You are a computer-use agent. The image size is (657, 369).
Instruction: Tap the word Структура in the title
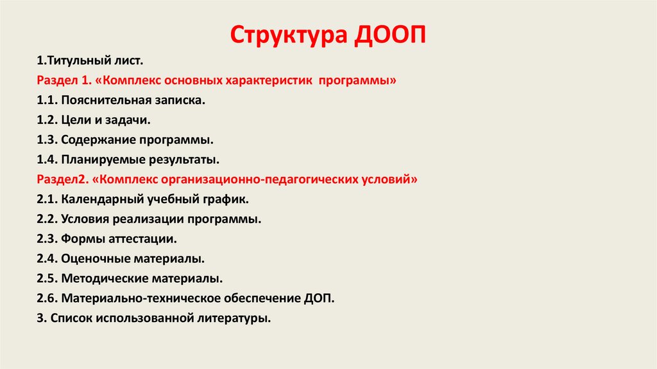pos(287,35)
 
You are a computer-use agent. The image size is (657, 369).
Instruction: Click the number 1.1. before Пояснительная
pos(47,101)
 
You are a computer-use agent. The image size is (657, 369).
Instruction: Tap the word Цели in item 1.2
pos(78,120)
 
